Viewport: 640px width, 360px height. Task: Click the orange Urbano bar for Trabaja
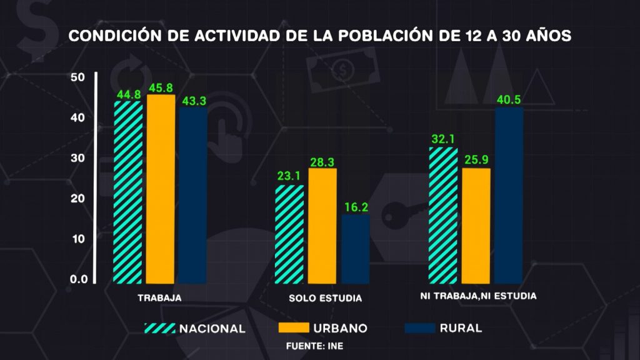click(161, 189)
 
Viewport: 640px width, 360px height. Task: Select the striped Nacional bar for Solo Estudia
click(290, 234)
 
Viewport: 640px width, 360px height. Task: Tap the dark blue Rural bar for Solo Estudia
click(355, 249)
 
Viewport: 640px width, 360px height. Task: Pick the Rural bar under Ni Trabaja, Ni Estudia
click(508, 196)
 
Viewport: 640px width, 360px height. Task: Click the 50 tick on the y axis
click(78, 77)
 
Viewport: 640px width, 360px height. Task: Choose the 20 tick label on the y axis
click(78, 199)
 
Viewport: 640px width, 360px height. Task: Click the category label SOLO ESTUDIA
click(325, 298)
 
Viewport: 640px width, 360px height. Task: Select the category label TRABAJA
click(159, 298)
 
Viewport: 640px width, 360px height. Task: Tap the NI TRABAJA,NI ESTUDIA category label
click(478, 296)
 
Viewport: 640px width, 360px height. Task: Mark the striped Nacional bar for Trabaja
click(127, 192)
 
